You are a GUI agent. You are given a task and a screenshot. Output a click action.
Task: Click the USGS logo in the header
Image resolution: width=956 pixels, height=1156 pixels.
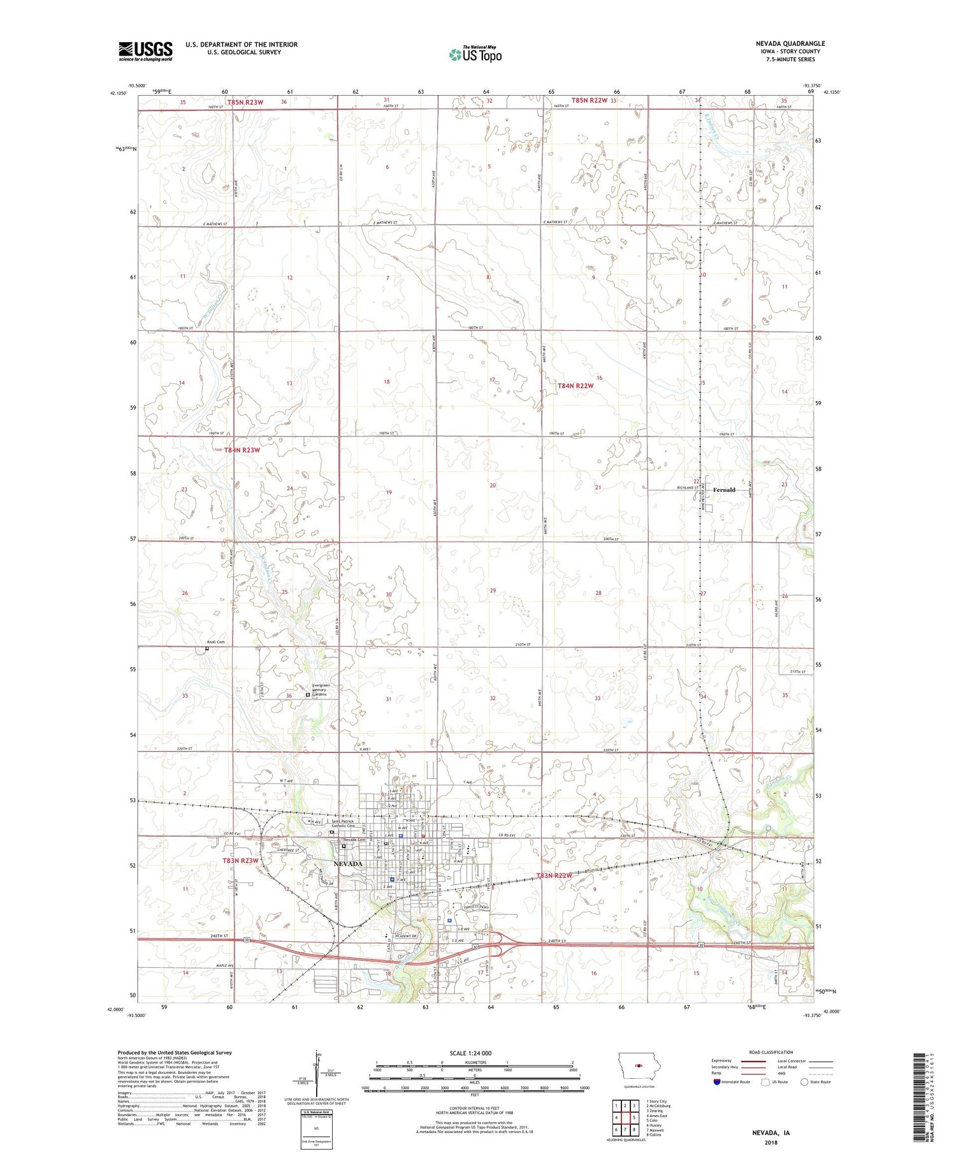click(145, 51)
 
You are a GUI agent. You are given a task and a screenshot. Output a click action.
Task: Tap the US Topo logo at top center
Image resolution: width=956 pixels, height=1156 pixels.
click(475, 54)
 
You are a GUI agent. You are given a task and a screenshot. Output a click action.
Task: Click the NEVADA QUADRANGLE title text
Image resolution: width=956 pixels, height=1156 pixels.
click(788, 43)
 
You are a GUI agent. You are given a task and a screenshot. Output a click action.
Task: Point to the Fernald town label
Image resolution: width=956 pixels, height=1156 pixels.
click(724, 490)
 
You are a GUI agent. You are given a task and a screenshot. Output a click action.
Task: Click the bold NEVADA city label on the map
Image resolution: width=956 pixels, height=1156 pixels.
click(348, 864)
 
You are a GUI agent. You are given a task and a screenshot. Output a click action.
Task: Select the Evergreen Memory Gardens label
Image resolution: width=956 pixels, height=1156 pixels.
click(319, 690)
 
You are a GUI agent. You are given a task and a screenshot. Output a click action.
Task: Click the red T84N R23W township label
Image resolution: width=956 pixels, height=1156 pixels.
click(242, 450)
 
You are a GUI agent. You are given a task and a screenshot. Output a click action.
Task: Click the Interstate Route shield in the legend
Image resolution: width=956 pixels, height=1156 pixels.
click(717, 1082)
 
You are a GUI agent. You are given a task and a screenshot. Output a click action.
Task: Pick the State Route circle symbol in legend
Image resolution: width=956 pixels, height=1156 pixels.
click(804, 1082)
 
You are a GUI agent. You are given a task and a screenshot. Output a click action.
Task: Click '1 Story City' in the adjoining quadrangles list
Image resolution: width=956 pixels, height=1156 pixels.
click(656, 1101)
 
